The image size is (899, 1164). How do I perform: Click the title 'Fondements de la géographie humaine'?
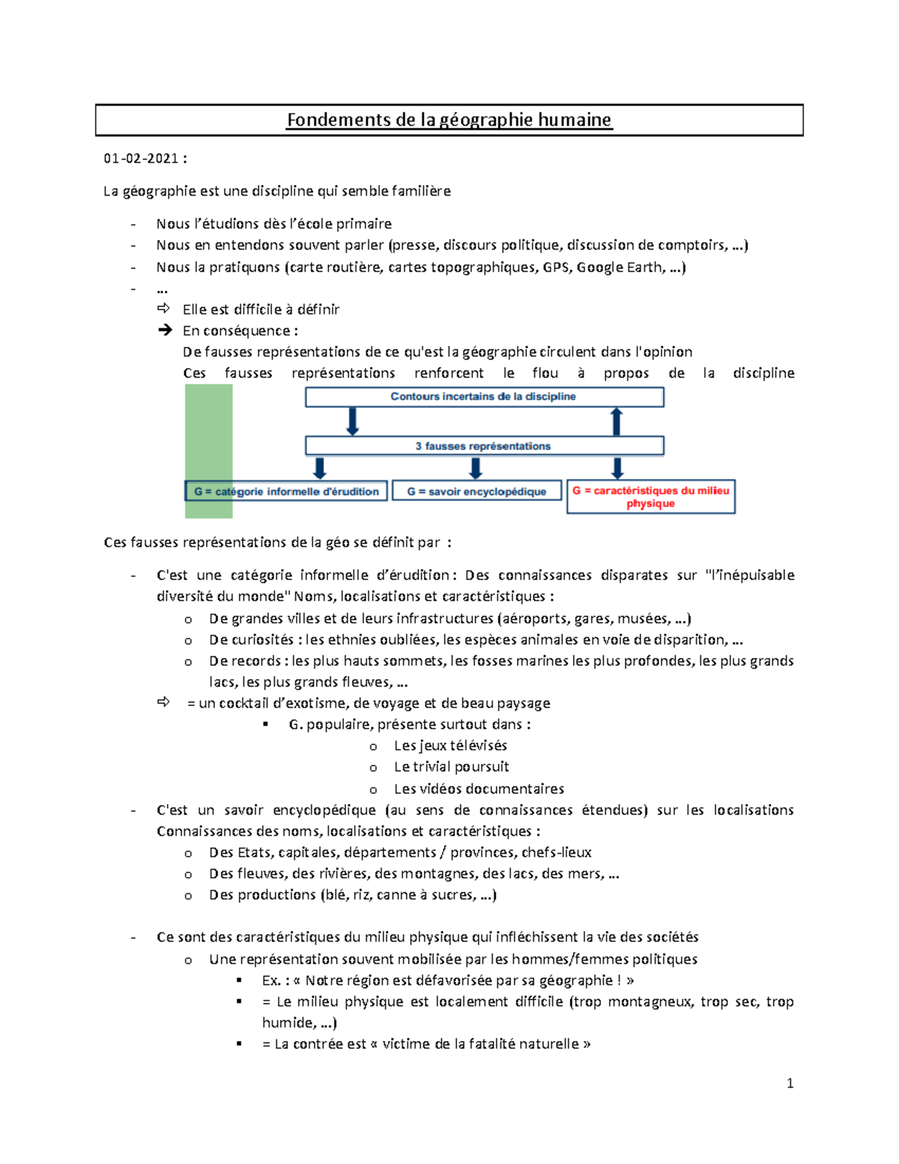coord(449,120)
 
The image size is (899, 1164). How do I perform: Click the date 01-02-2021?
coord(141,158)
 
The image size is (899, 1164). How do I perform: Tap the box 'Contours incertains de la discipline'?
coord(483,396)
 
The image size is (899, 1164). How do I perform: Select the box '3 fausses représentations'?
coord(483,446)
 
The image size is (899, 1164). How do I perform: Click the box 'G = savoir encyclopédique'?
coord(476,492)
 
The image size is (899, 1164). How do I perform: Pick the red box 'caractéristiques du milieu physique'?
coord(650,497)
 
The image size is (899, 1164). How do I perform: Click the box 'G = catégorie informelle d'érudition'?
coord(286,492)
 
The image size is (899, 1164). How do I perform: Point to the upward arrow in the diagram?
coord(617,421)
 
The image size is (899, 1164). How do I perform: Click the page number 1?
coord(790,1083)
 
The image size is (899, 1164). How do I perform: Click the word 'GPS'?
coord(556,267)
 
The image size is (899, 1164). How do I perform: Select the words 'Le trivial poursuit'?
coord(451,767)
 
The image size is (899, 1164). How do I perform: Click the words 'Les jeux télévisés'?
coord(450,746)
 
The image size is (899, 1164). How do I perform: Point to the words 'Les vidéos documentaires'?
coord(479,788)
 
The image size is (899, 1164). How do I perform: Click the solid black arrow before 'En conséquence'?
coord(165,330)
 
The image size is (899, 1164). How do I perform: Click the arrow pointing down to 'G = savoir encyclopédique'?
coord(476,468)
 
